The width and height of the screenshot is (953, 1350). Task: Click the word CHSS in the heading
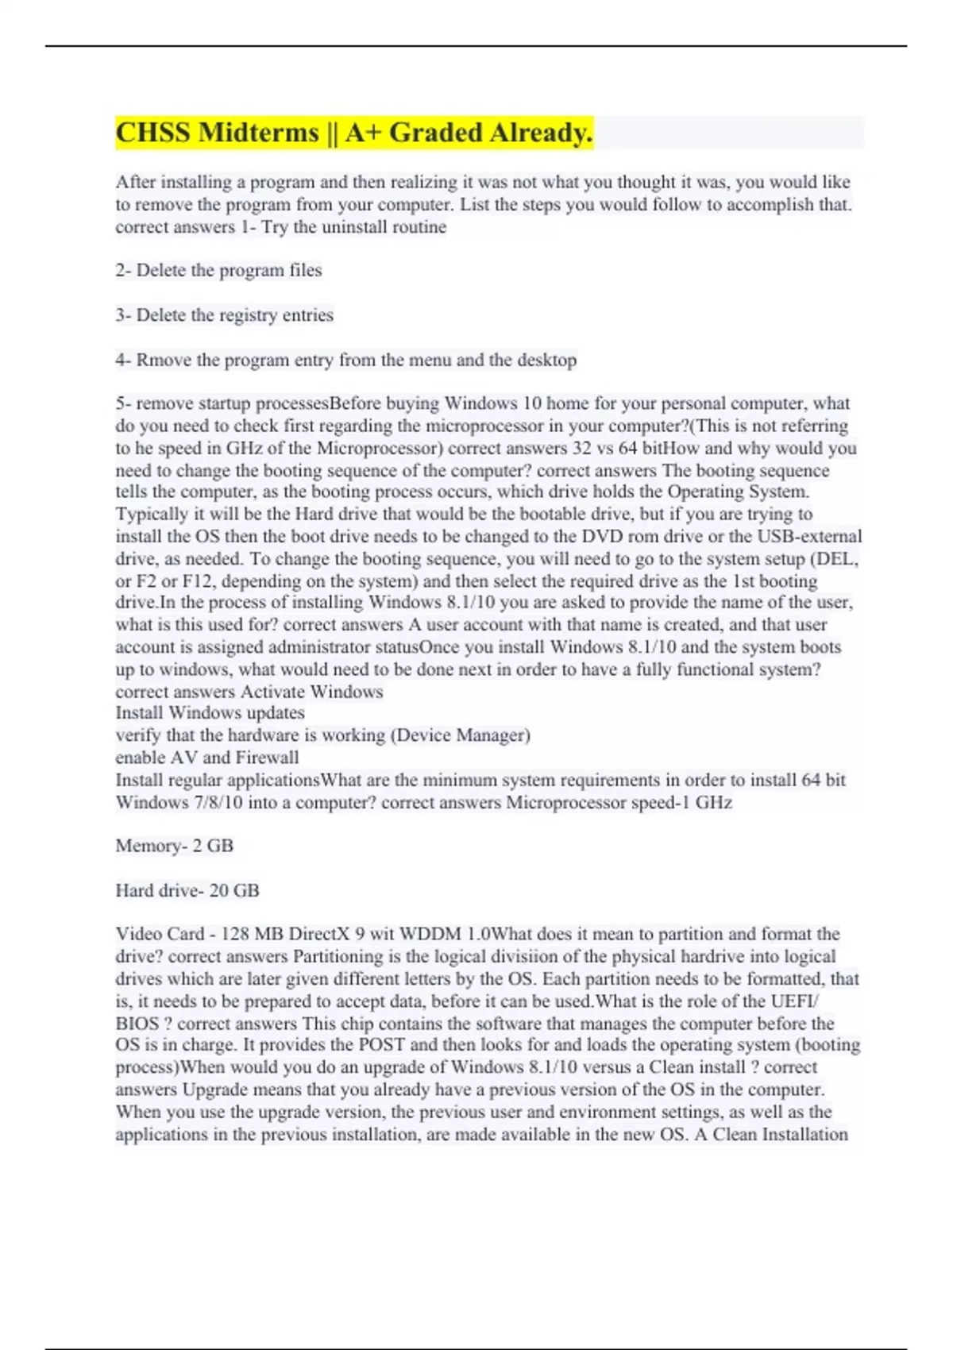[x=153, y=133]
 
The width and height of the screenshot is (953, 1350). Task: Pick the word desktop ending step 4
[x=547, y=361]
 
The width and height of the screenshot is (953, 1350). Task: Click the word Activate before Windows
[x=272, y=692]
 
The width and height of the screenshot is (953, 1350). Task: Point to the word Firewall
[x=268, y=758]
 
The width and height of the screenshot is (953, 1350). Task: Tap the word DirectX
[x=320, y=934]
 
